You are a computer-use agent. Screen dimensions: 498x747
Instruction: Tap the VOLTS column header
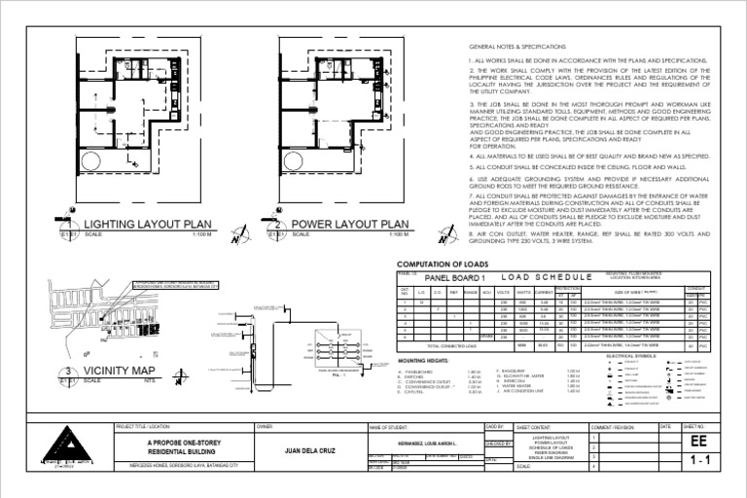click(503, 291)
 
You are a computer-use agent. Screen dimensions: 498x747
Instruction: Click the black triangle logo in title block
click(61, 446)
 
